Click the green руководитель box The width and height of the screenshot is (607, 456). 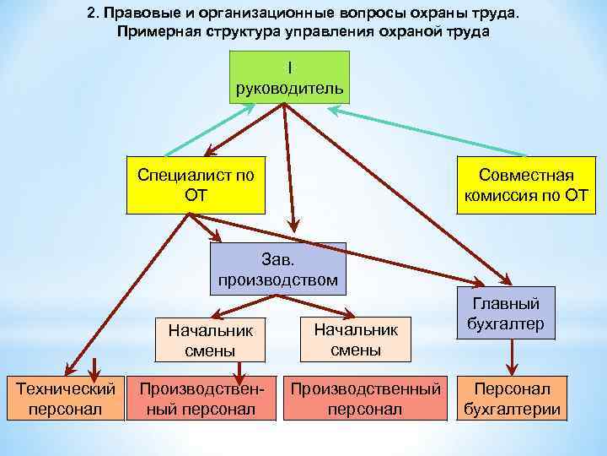[x=288, y=77]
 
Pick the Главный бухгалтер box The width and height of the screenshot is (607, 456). [x=507, y=312]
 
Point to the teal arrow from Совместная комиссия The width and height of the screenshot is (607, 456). [x=422, y=131]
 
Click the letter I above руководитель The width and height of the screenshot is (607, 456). [x=288, y=67]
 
